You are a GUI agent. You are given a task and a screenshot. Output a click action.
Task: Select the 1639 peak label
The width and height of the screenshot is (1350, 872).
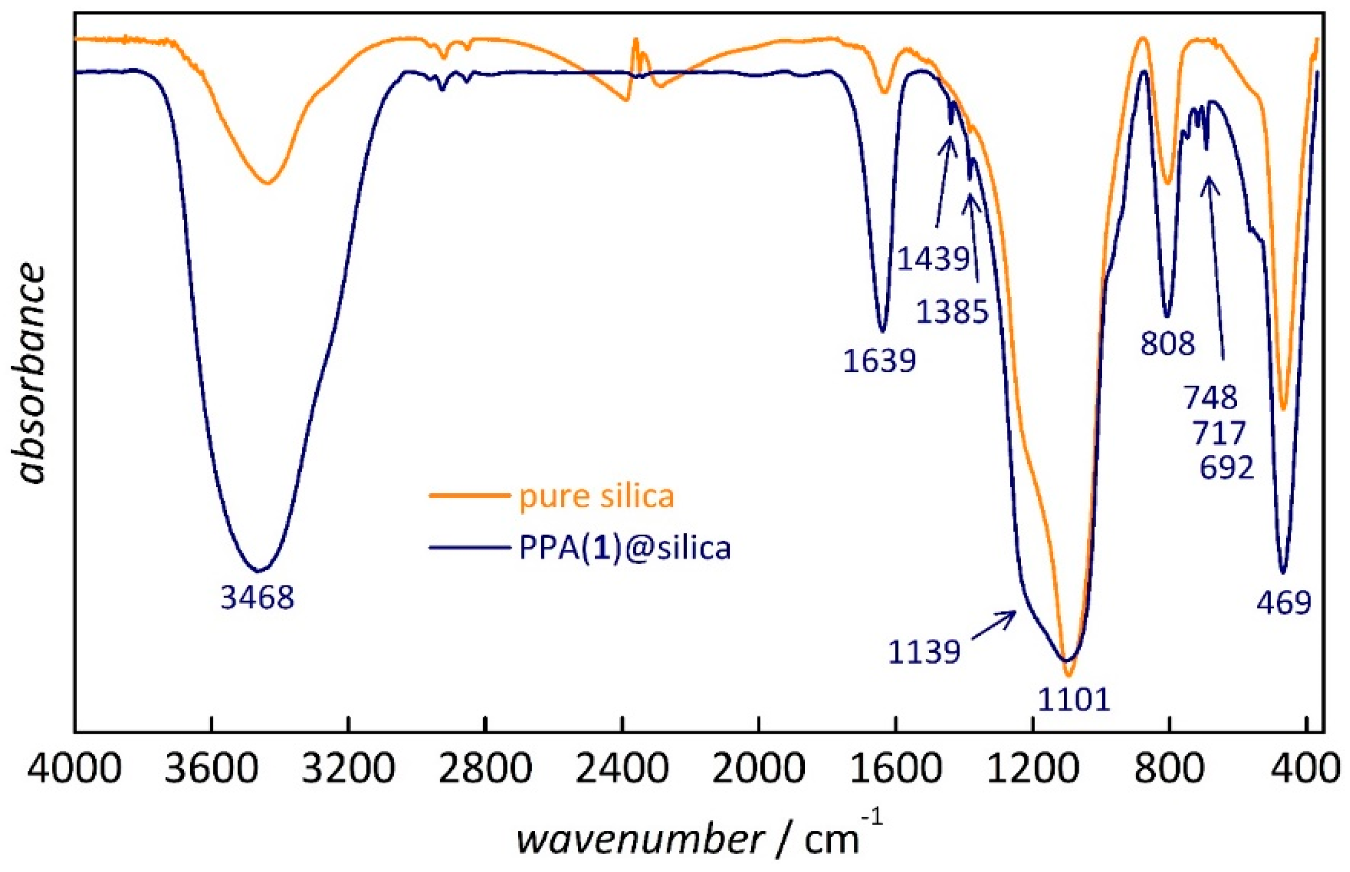(879, 361)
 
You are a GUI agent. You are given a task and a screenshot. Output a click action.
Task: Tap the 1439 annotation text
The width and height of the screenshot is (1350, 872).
(933, 259)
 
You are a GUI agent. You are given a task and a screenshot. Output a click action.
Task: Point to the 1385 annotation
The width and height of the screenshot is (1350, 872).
(952, 312)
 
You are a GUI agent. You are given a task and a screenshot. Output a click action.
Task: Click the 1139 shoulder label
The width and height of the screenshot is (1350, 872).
(924, 652)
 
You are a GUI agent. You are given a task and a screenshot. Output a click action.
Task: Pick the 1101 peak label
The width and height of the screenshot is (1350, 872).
(1074, 700)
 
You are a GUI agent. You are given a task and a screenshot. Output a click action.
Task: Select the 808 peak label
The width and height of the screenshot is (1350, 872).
(1168, 343)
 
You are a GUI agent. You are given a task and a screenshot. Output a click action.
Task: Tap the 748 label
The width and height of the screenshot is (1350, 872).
(1211, 397)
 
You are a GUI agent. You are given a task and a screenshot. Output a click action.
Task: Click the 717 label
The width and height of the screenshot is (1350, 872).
(1218, 433)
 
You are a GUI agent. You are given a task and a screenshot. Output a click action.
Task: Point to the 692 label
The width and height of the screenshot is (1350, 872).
(1226, 468)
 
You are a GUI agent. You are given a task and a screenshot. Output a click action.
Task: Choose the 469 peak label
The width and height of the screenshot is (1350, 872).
(1284, 602)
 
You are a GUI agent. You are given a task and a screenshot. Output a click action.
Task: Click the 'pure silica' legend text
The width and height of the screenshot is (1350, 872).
(597, 497)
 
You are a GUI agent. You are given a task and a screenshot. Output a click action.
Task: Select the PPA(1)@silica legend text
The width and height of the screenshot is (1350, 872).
(625, 548)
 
